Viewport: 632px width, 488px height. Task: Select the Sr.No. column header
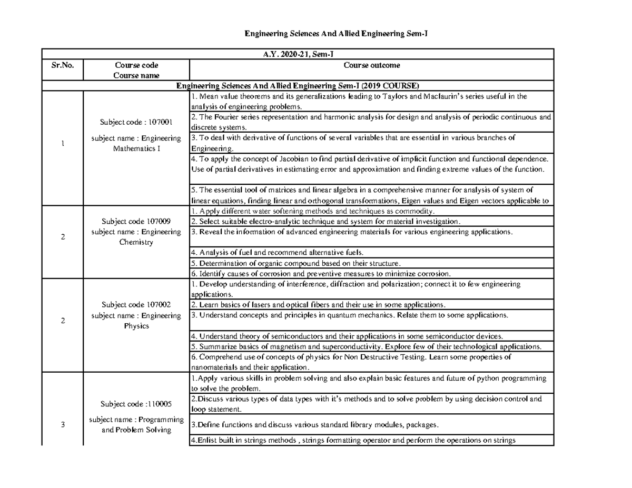click(62, 65)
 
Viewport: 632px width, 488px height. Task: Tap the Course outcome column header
click(371, 65)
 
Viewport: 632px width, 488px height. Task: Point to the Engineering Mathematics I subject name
click(136, 144)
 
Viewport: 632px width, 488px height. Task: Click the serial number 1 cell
click(62, 144)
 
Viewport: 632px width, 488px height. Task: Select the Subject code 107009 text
click(136, 222)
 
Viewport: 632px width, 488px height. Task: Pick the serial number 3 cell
click(62, 425)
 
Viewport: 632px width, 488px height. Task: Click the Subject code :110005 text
click(136, 404)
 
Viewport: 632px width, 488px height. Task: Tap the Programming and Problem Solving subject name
click(136, 425)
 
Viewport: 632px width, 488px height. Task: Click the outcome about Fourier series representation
click(371, 122)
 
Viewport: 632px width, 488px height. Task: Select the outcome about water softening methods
click(314, 211)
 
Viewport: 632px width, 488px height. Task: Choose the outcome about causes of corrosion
click(321, 273)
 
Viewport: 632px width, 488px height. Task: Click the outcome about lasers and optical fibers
click(319, 304)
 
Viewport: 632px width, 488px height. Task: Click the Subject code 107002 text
click(136, 304)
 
